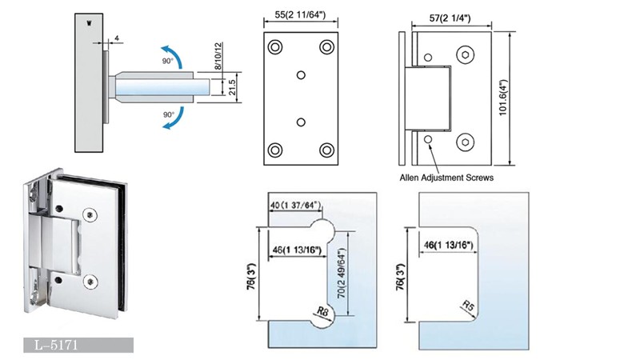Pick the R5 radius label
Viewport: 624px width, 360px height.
click(470, 305)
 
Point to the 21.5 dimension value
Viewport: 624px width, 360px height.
click(230, 85)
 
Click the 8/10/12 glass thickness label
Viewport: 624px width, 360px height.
click(216, 57)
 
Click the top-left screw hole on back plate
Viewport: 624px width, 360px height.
click(275, 46)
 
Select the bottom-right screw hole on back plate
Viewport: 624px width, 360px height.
click(326, 149)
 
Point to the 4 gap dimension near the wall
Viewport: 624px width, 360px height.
click(117, 38)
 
